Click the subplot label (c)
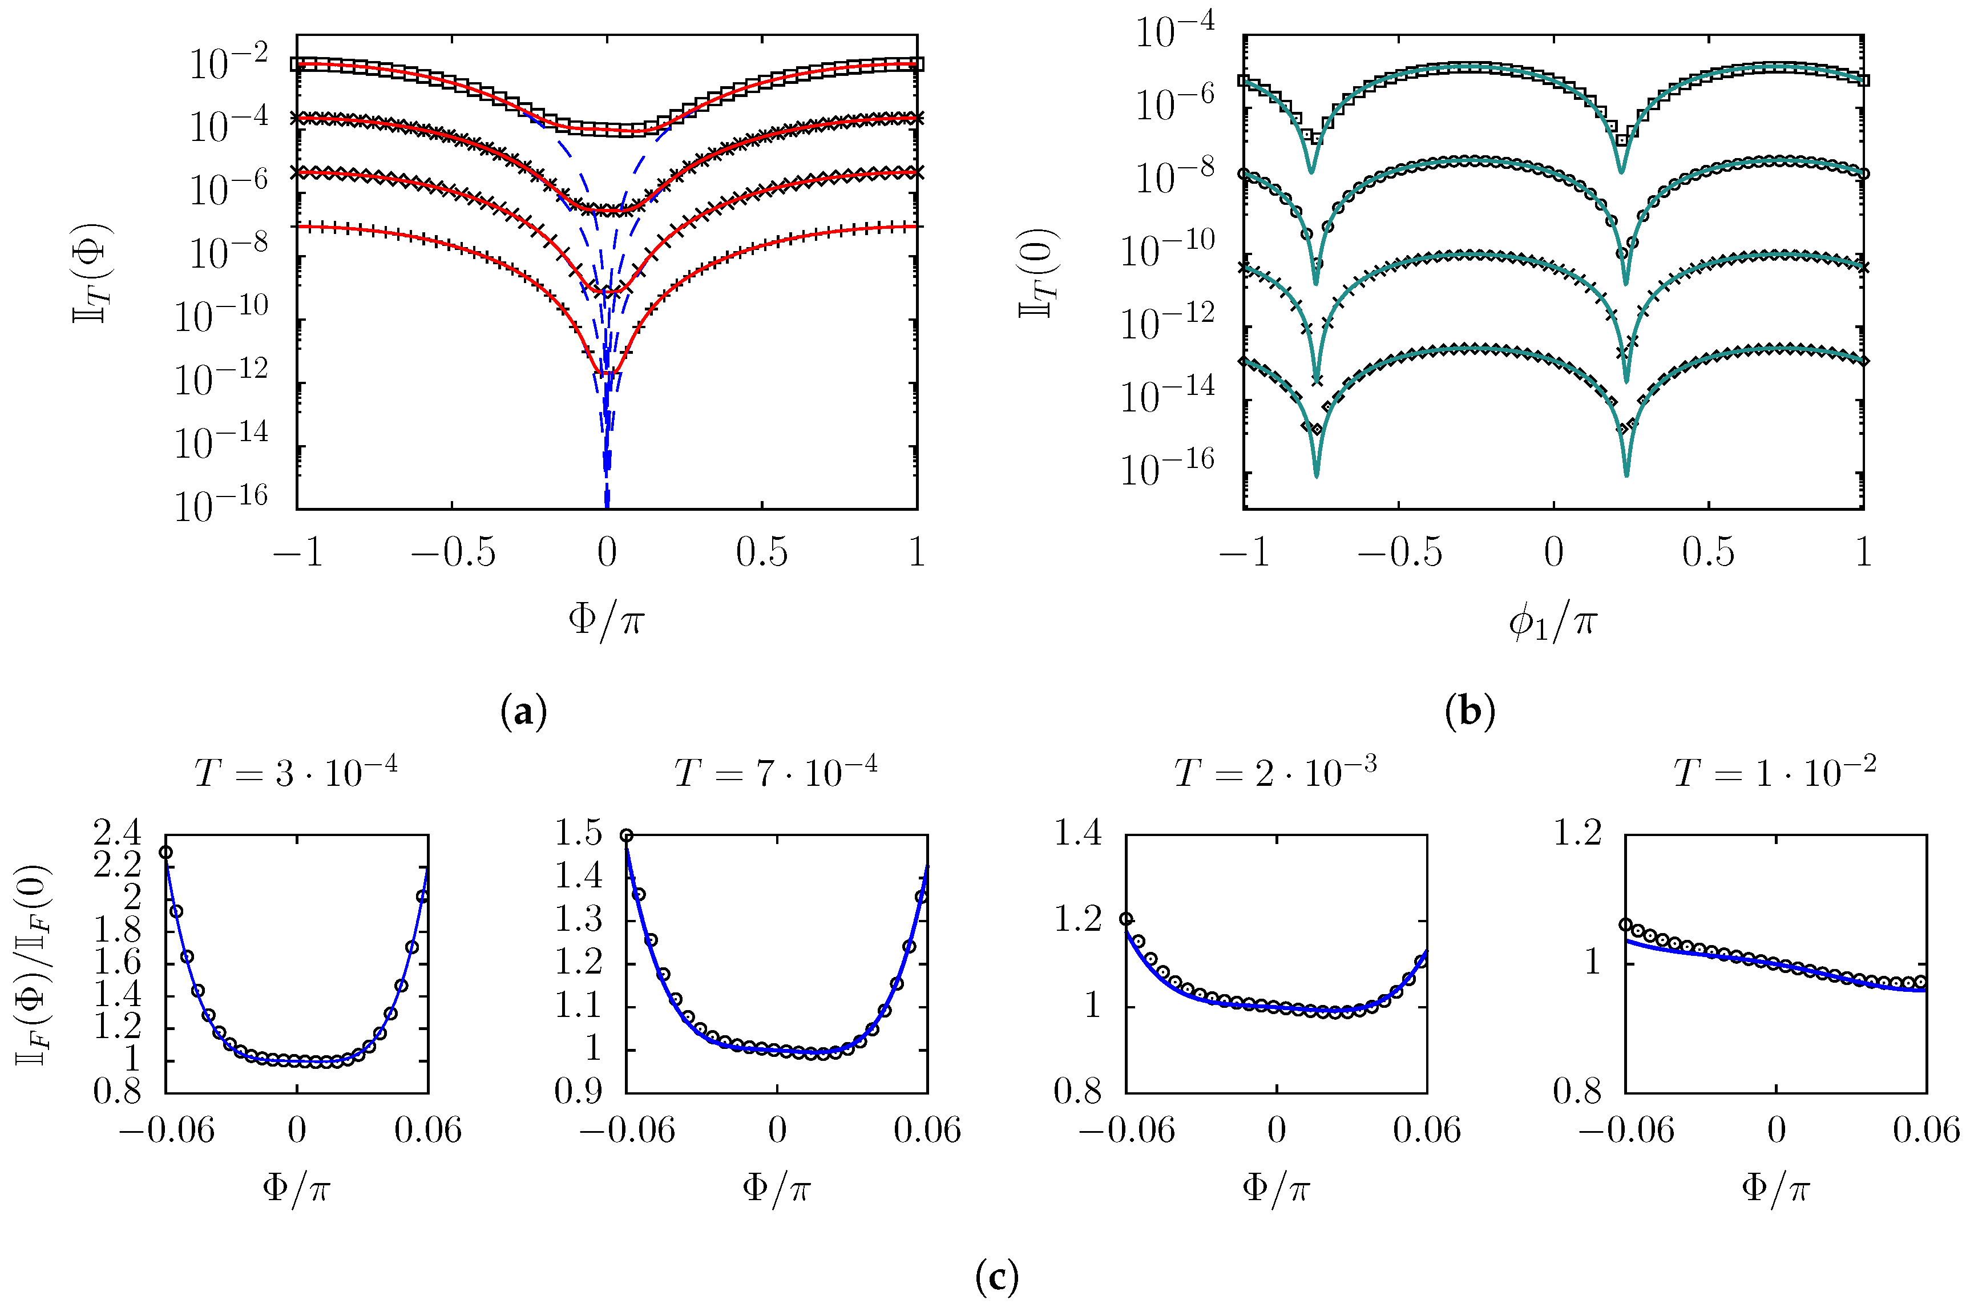(996, 1276)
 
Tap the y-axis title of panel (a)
(92, 273)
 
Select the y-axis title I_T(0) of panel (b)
(1039, 273)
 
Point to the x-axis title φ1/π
(1552, 621)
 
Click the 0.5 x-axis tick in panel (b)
(1708, 552)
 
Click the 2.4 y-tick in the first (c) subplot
(117, 833)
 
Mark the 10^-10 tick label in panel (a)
(221, 316)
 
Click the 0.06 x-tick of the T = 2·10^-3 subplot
(1426, 1131)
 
